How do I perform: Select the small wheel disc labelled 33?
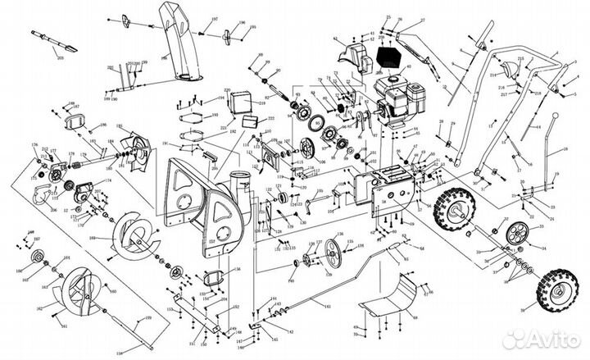(516, 232)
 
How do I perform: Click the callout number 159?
(147, 317)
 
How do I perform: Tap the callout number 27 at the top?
(421, 20)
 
